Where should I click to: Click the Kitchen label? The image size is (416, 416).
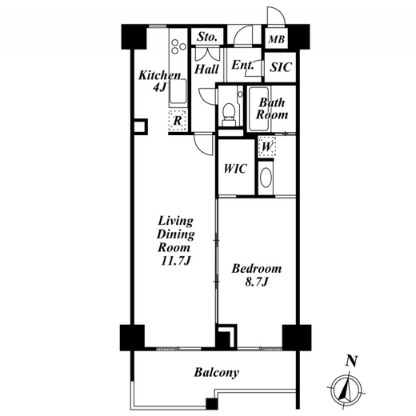[159, 75]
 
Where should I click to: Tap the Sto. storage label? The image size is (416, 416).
[206, 37]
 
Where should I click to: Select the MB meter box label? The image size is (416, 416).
[276, 39]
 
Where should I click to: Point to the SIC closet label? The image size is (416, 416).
[281, 67]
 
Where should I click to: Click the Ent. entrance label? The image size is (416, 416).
[242, 65]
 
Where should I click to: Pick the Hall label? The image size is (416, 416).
[206, 70]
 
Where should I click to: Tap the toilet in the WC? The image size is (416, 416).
[229, 114]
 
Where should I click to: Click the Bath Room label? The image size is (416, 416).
[272, 109]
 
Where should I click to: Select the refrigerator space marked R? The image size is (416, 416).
[178, 121]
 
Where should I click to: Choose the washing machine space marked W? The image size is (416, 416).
[267, 146]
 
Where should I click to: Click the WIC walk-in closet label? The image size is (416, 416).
[235, 169]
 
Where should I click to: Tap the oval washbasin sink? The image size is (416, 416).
[266, 178]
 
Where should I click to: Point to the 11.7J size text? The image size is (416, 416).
[176, 261]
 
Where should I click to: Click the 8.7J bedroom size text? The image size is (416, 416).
[256, 282]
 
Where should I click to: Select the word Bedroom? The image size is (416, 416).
[257, 269]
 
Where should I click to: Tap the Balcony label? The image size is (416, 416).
[216, 373]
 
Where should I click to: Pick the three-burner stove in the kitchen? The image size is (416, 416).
[178, 46]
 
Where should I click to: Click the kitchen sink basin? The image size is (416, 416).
[178, 90]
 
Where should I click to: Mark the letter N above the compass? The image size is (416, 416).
[351, 362]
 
